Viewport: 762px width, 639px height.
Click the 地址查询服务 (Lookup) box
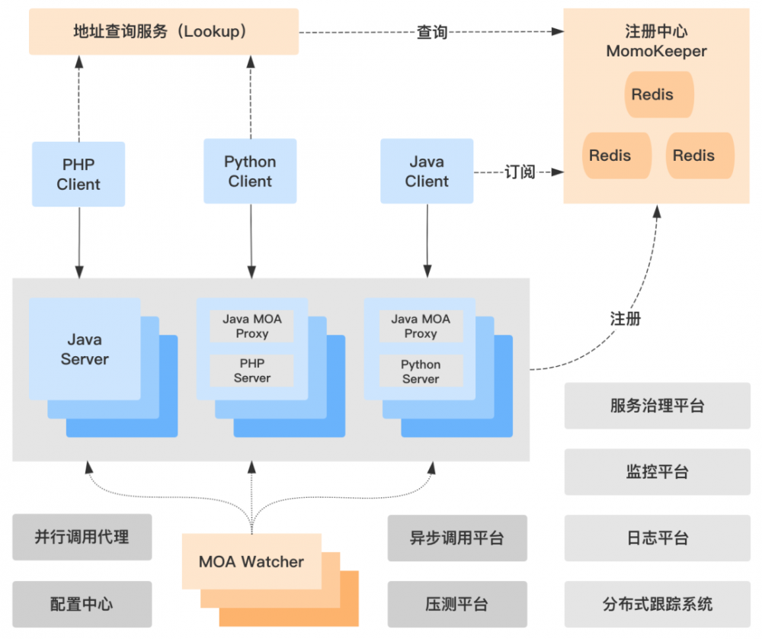coord(163,32)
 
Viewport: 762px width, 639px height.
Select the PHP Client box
coord(78,175)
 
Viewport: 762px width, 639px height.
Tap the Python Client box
coord(250,172)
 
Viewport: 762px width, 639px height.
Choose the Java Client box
coord(427,172)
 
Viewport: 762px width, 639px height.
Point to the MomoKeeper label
coord(656,52)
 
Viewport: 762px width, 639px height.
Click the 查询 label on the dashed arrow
coord(431,33)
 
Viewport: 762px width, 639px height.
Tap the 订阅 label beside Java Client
coord(520,172)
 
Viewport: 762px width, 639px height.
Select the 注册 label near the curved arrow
coord(626,319)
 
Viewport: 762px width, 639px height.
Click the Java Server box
coord(85,349)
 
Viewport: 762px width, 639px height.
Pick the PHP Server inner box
coord(251,371)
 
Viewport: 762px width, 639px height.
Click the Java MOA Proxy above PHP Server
coord(251,326)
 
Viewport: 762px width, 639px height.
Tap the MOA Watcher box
coord(251,562)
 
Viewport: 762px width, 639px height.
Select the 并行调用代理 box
coord(82,537)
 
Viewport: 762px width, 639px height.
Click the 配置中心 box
coord(82,605)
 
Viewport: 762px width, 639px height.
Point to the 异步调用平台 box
coord(456,538)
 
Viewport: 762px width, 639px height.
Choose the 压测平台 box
coord(456,605)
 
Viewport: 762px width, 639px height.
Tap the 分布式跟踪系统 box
coord(657,605)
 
